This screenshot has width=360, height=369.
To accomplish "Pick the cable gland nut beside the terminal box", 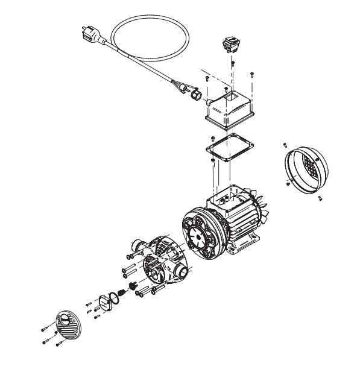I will pyautogui.click(x=194, y=96).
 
